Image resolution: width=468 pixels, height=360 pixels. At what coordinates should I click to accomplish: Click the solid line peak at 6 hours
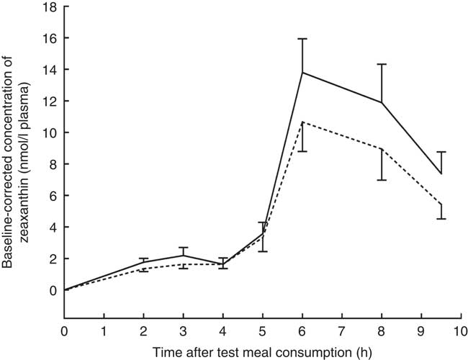(x=302, y=72)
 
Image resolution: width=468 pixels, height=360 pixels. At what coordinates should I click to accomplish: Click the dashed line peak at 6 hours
(x=302, y=122)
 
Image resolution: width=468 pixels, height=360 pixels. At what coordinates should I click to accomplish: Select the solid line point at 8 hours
(x=382, y=102)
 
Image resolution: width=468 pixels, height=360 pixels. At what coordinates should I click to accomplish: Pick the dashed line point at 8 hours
(x=382, y=149)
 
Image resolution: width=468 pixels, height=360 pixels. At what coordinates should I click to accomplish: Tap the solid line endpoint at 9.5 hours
(x=441, y=174)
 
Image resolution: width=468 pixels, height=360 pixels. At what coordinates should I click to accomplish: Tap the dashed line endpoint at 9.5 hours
(x=441, y=204)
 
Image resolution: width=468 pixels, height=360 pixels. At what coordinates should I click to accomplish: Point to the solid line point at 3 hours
(x=184, y=255)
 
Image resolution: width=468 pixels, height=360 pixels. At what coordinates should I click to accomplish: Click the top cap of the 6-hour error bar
(x=302, y=39)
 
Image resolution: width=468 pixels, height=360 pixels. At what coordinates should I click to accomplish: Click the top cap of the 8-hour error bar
(x=382, y=64)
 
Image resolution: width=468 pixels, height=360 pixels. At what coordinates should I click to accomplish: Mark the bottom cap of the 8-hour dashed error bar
(x=382, y=179)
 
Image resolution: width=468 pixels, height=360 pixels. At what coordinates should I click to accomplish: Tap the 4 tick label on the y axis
(x=52, y=227)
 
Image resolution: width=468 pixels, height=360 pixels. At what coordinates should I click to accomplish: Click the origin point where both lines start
(x=65, y=289)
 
